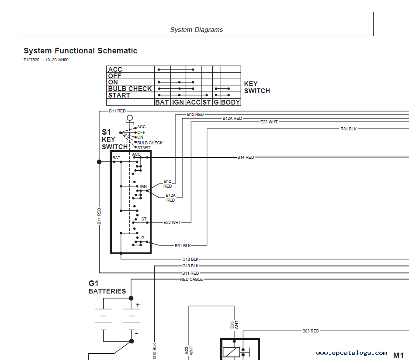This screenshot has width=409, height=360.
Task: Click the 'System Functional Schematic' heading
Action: coord(80,51)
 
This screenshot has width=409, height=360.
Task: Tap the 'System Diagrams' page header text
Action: coord(196,30)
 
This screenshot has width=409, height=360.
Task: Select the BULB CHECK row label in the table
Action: coord(130,89)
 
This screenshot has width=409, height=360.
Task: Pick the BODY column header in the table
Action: coord(230,102)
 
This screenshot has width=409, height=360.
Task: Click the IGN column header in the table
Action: coord(178,102)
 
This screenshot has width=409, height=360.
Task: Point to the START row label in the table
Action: coord(119,95)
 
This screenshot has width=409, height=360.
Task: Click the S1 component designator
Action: coord(106,132)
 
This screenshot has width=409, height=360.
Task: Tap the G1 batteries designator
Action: coord(94,283)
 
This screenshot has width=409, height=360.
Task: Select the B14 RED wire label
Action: coord(246,157)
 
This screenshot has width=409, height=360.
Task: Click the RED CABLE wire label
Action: coord(191,280)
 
